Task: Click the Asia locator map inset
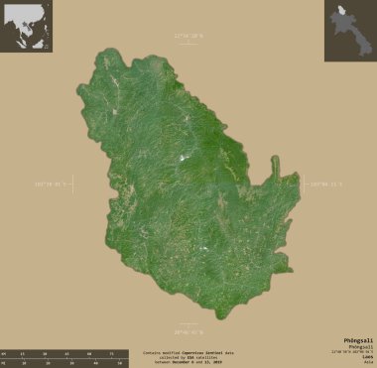pyautogui.click(x=27, y=27)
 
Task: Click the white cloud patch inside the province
pyautogui.click(x=186, y=158)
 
